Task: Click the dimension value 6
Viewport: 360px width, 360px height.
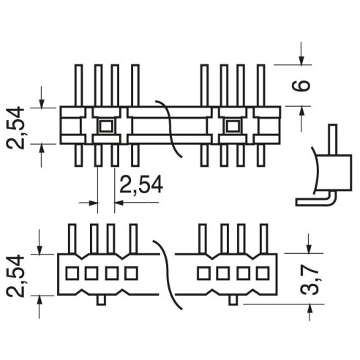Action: (x=301, y=86)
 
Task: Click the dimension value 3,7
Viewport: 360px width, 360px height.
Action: (x=310, y=280)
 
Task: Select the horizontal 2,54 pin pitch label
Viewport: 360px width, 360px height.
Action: (x=141, y=184)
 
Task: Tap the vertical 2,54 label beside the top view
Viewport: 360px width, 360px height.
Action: (x=15, y=128)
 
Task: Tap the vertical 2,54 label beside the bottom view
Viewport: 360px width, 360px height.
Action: (x=15, y=276)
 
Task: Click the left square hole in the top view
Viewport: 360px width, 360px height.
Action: (x=106, y=126)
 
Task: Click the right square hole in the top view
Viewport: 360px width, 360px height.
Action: (x=233, y=126)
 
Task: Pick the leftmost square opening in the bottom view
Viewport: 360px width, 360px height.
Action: (x=72, y=273)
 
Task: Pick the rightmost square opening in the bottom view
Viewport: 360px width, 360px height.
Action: (x=263, y=273)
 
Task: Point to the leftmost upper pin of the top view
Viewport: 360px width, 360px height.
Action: (x=78, y=86)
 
